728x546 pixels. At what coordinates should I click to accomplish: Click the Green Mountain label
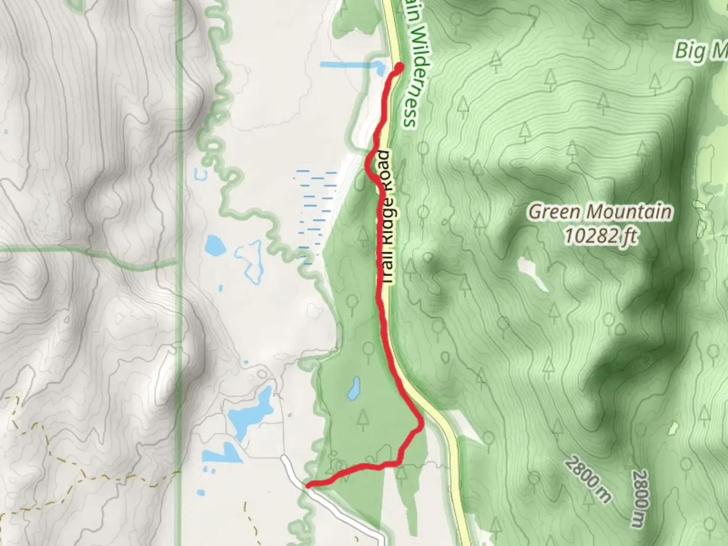point(601,211)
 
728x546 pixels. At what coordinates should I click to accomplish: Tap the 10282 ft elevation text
point(601,235)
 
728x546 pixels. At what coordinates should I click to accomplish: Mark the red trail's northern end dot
point(399,66)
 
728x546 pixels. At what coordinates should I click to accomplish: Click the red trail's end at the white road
point(309,485)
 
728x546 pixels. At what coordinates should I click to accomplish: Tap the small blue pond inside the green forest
point(353,387)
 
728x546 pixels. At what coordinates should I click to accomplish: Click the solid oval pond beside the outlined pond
point(215,246)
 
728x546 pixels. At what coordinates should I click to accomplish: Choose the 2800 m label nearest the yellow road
point(589,480)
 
